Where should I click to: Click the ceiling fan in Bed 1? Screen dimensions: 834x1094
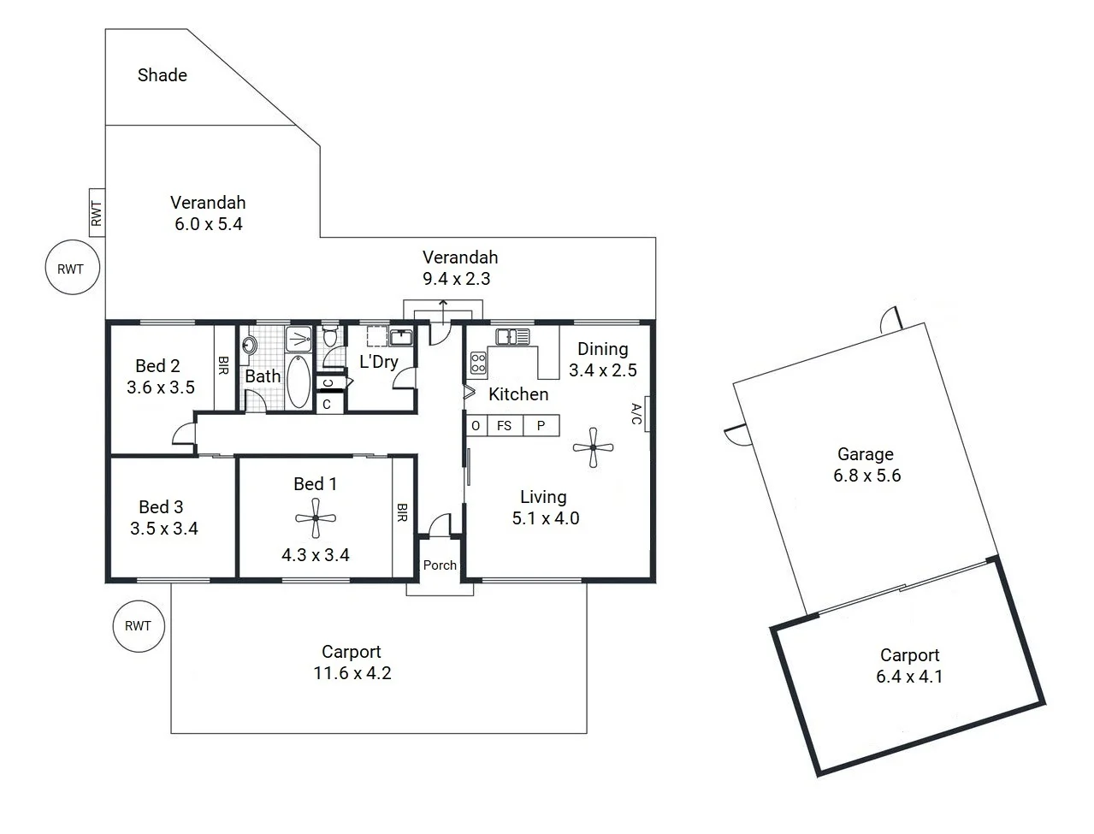coord(316,518)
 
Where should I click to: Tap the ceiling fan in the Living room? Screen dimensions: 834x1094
coord(593,447)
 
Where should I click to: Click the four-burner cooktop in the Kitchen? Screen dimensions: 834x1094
coord(477,363)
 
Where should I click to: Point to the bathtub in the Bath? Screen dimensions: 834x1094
coord(299,382)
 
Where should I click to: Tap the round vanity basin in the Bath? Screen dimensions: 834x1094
coord(250,345)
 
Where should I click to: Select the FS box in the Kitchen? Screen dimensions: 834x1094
coord(505,425)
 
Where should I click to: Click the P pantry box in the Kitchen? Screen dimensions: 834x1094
coord(541,425)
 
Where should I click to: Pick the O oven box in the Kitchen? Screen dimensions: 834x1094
coord(476,425)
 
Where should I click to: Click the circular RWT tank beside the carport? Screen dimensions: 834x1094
coord(138,626)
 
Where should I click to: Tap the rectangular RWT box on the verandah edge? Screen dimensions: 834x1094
coord(97,212)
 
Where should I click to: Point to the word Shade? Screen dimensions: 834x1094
coord(163,75)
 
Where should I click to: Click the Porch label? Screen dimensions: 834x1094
coord(440,565)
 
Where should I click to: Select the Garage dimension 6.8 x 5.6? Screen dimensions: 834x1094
coord(866,476)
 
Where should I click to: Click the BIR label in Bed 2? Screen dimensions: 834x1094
coord(223,366)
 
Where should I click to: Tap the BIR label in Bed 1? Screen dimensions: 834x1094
coord(402,513)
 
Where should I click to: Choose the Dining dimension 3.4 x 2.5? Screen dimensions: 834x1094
coord(602,370)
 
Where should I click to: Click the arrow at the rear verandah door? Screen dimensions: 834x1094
coord(442,306)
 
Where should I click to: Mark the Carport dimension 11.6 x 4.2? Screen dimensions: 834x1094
coord(352,673)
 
